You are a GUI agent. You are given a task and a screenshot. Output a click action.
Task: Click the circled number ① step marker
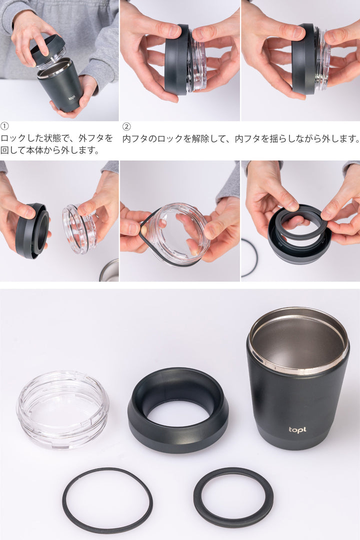[x=4, y=126]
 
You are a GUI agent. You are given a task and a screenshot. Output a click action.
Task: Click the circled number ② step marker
[x=126, y=126]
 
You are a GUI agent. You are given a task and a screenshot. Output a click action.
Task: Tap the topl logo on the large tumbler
[x=297, y=429]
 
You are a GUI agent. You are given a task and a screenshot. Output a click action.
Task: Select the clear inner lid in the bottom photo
[x=62, y=408]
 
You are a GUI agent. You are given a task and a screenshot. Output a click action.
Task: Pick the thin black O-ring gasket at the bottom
[x=107, y=500]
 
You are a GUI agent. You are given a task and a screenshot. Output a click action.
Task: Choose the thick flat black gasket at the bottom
[x=233, y=497]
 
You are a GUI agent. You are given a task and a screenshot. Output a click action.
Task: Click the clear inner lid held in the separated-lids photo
[x=79, y=229]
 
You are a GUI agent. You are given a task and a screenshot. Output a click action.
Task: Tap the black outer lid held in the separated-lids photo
[x=32, y=230]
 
